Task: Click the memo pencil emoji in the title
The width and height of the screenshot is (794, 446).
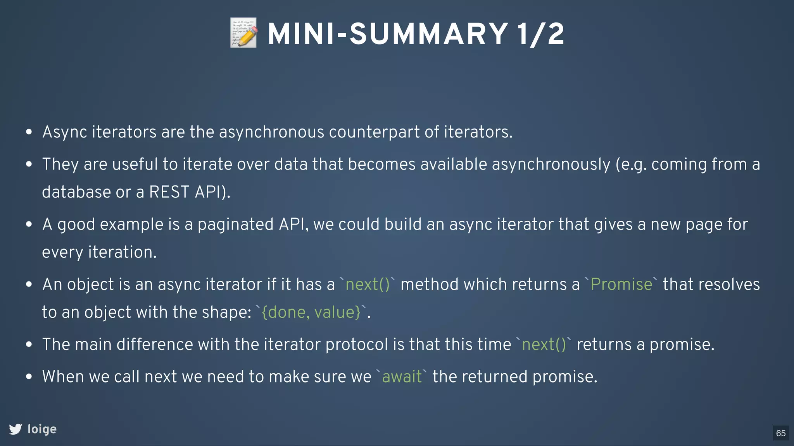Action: click(243, 33)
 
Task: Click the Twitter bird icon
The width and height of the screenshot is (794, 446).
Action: click(16, 429)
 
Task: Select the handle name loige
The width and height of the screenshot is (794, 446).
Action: click(42, 429)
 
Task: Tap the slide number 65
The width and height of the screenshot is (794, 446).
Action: click(781, 433)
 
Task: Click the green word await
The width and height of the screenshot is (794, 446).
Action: click(402, 377)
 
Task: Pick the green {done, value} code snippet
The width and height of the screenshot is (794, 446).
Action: click(311, 312)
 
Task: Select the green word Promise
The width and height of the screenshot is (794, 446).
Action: click(621, 285)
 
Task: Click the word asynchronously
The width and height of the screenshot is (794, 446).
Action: click(551, 164)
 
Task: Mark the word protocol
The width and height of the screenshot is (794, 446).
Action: click(357, 345)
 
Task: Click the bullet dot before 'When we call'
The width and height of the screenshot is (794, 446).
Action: click(29, 376)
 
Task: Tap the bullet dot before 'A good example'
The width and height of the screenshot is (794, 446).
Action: click(29, 224)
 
